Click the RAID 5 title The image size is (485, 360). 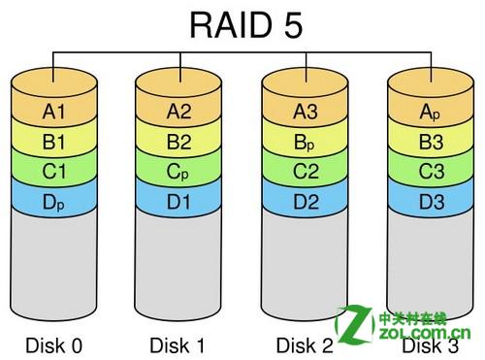tap(242, 23)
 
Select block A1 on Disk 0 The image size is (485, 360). tap(54, 112)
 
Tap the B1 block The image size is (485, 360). tap(54, 142)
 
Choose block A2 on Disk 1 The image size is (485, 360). tap(180, 112)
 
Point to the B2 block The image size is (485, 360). tap(180, 142)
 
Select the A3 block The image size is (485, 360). tap(307, 112)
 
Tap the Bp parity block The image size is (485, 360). tap(307, 142)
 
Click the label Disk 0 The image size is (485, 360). tap(54, 344)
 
